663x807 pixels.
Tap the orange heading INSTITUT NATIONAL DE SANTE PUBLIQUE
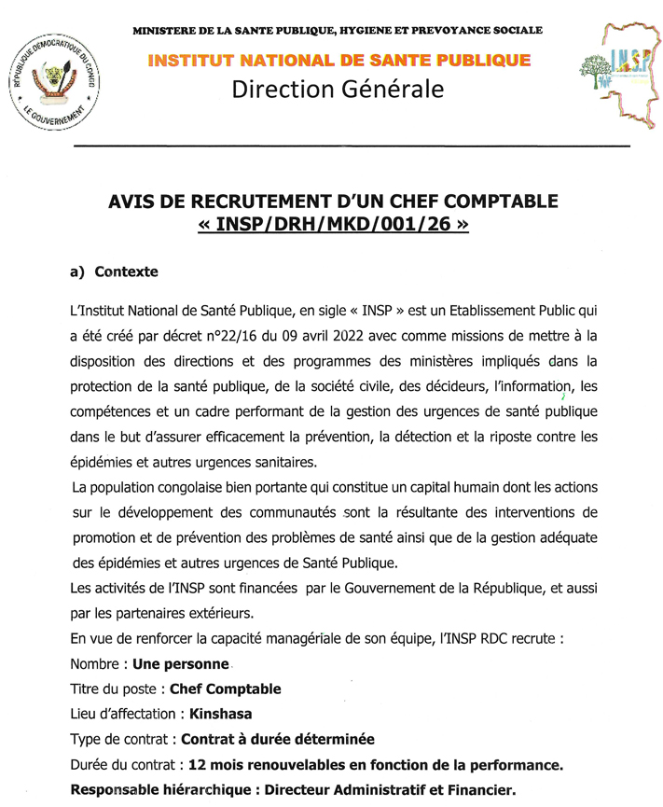click(x=338, y=61)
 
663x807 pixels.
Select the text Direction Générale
click(x=338, y=90)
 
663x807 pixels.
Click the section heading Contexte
click(x=126, y=272)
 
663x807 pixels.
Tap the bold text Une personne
click(x=181, y=664)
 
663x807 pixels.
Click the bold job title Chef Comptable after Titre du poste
click(x=225, y=689)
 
